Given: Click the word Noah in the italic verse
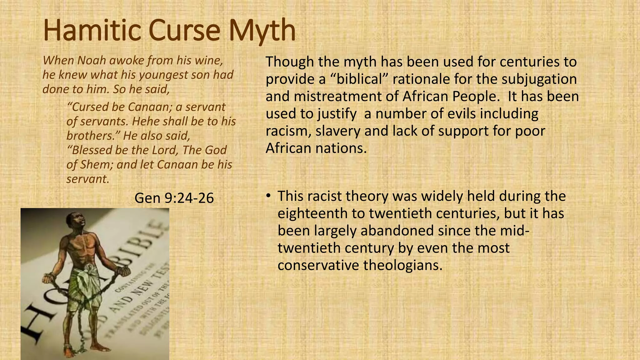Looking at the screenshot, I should pos(91,60).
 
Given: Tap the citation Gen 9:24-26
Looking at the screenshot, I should pos(174,198).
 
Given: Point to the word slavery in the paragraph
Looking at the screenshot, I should pos(338,131).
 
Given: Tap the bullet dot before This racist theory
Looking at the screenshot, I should pos(268,196).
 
